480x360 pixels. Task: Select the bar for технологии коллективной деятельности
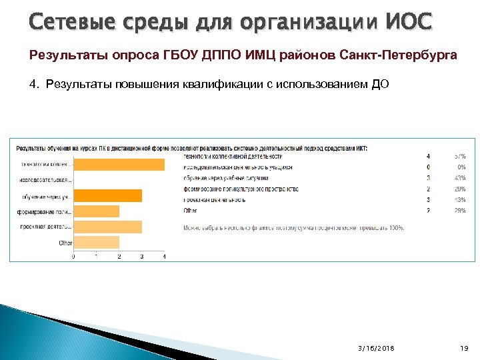tap(119, 165)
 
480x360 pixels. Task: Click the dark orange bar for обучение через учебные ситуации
tap(107, 195)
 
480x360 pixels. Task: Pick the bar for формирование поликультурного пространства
tap(96, 211)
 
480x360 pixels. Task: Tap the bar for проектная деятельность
tap(107, 227)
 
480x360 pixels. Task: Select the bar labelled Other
tap(96, 242)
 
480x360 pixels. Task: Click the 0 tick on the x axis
tap(73, 257)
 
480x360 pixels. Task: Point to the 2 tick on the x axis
tap(119, 257)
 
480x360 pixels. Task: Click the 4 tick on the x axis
tap(165, 257)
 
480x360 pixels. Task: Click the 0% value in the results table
tap(461, 167)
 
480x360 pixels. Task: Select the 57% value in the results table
tap(460, 156)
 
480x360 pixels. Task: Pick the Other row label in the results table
tap(190, 210)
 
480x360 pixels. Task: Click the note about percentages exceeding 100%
tap(293, 227)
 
